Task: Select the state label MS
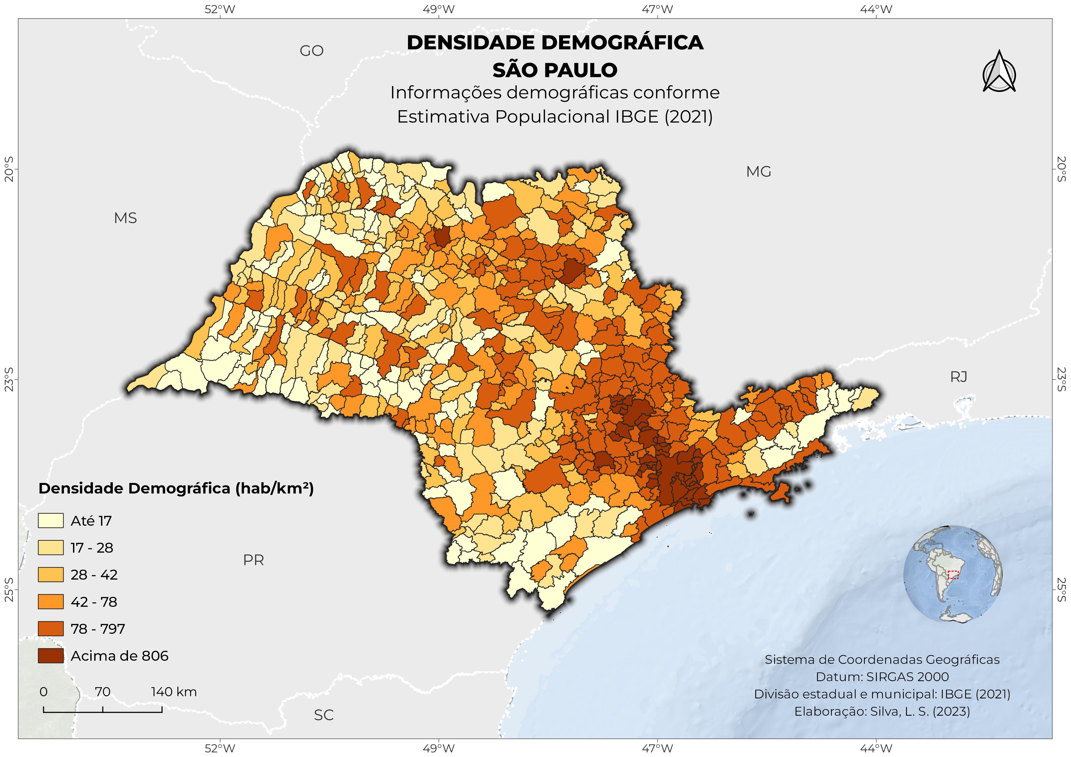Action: click(125, 218)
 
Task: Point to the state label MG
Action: click(758, 172)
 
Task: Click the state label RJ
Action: click(958, 377)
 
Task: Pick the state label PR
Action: click(253, 560)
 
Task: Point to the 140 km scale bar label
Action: click(174, 692)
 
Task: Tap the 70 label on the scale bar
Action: click(103, 692)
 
